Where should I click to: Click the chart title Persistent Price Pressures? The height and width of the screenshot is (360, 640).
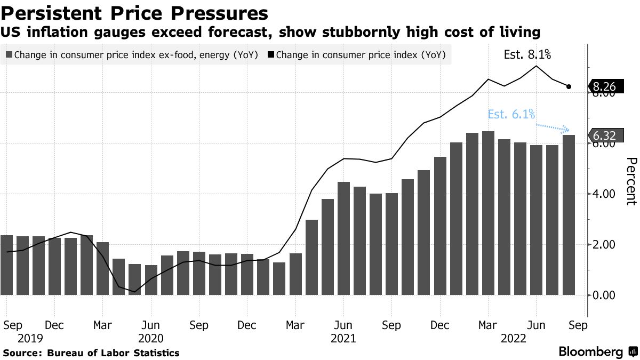pos(134,12)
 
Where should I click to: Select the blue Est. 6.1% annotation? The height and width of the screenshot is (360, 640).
pos(511,114)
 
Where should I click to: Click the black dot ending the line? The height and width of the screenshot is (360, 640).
pos(569,86)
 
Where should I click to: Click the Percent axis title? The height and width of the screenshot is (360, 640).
pos(631,181)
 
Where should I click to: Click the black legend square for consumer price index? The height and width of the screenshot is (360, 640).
pos(271,54)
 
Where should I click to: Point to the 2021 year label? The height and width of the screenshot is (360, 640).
pos(343,338)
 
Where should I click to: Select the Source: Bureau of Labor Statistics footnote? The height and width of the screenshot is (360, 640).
pos(91,353)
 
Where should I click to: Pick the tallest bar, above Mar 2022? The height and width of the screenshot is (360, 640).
pos(488,213)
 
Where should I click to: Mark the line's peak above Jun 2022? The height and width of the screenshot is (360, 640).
pos(535,66)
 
